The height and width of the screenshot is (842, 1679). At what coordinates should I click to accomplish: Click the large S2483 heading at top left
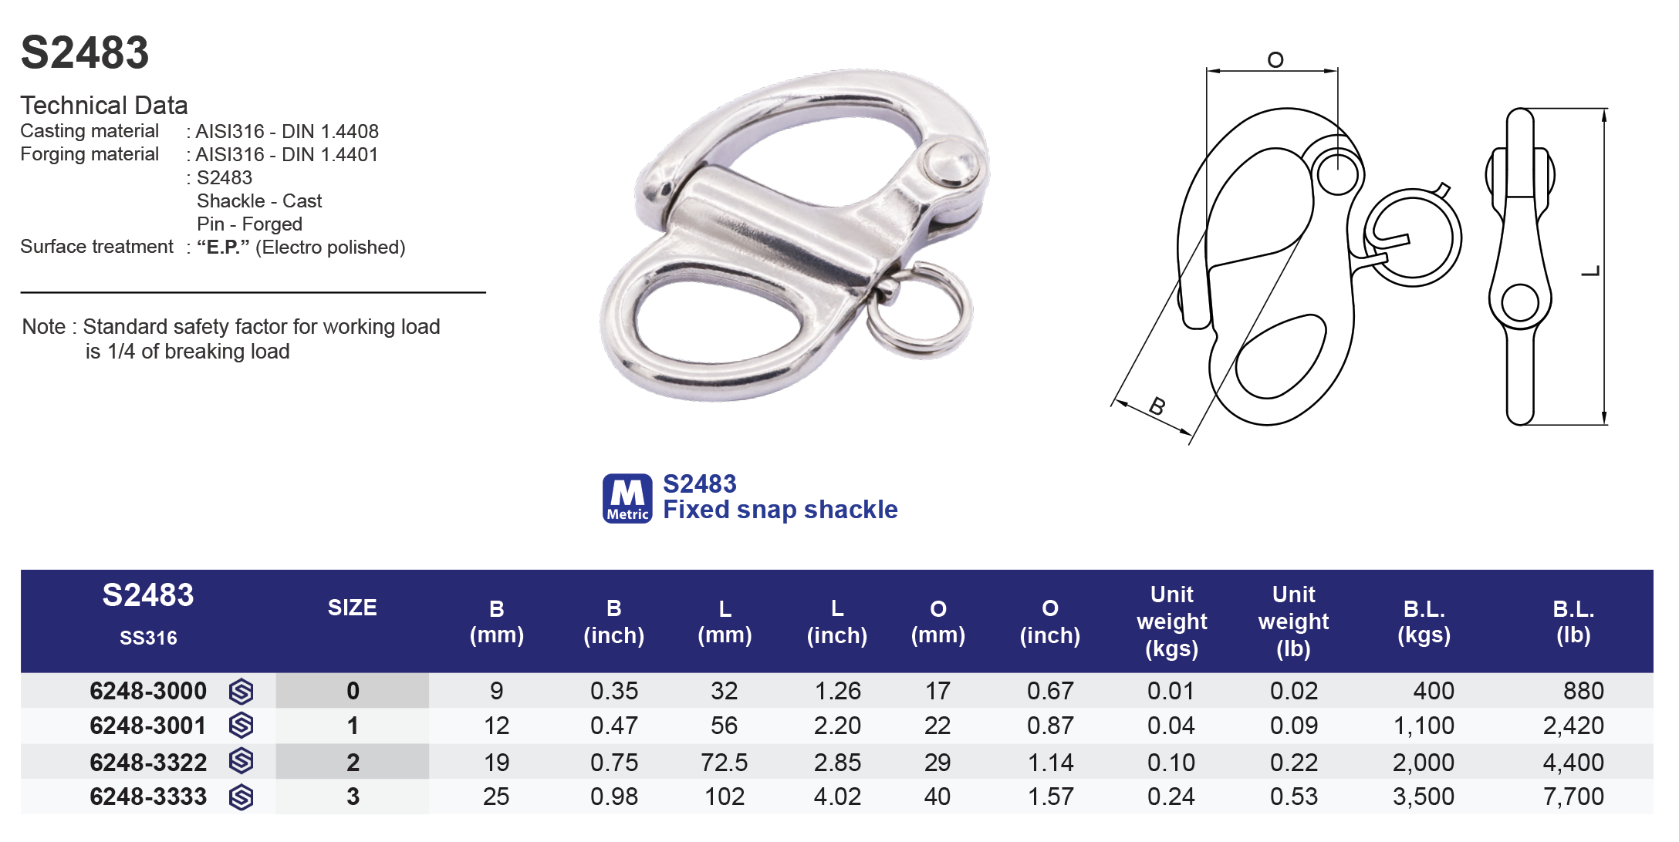85,52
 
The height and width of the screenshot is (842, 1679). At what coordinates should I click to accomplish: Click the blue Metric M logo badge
627,498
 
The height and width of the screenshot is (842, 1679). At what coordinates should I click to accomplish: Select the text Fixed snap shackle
780,510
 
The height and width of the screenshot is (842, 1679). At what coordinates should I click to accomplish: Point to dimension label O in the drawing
1275,59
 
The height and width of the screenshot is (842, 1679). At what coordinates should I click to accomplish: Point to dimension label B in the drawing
1157,406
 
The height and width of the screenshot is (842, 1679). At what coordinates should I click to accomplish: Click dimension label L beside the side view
1591,271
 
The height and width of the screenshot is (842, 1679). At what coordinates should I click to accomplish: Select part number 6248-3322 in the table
148,763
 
